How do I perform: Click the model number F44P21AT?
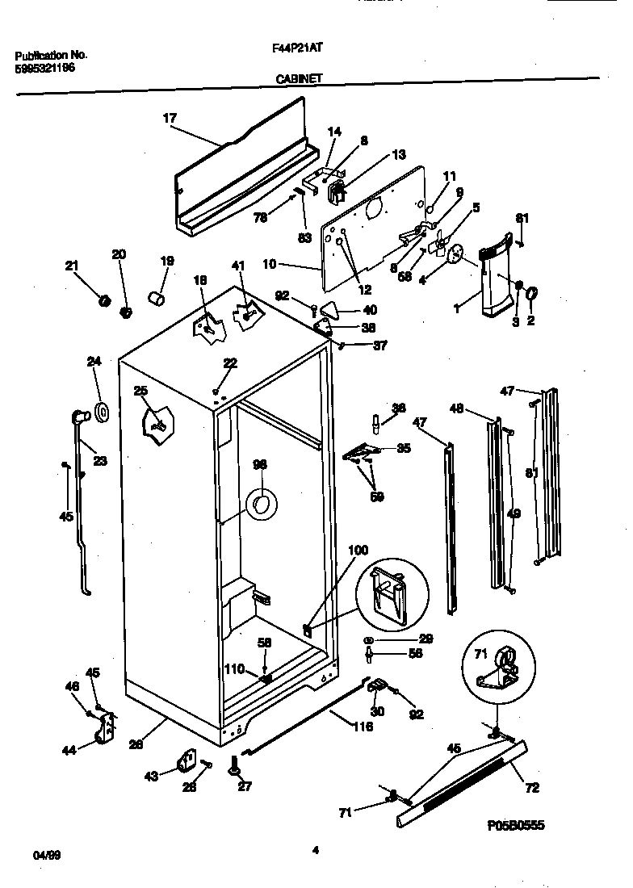pos(298,48)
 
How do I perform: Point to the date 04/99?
pos(46,854)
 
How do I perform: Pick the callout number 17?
pos(169,118)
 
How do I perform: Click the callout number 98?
pos(260,464)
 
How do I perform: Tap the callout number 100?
pos(358,551)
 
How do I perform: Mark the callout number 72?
pos(531,787)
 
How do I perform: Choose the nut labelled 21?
pos(103,300)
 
